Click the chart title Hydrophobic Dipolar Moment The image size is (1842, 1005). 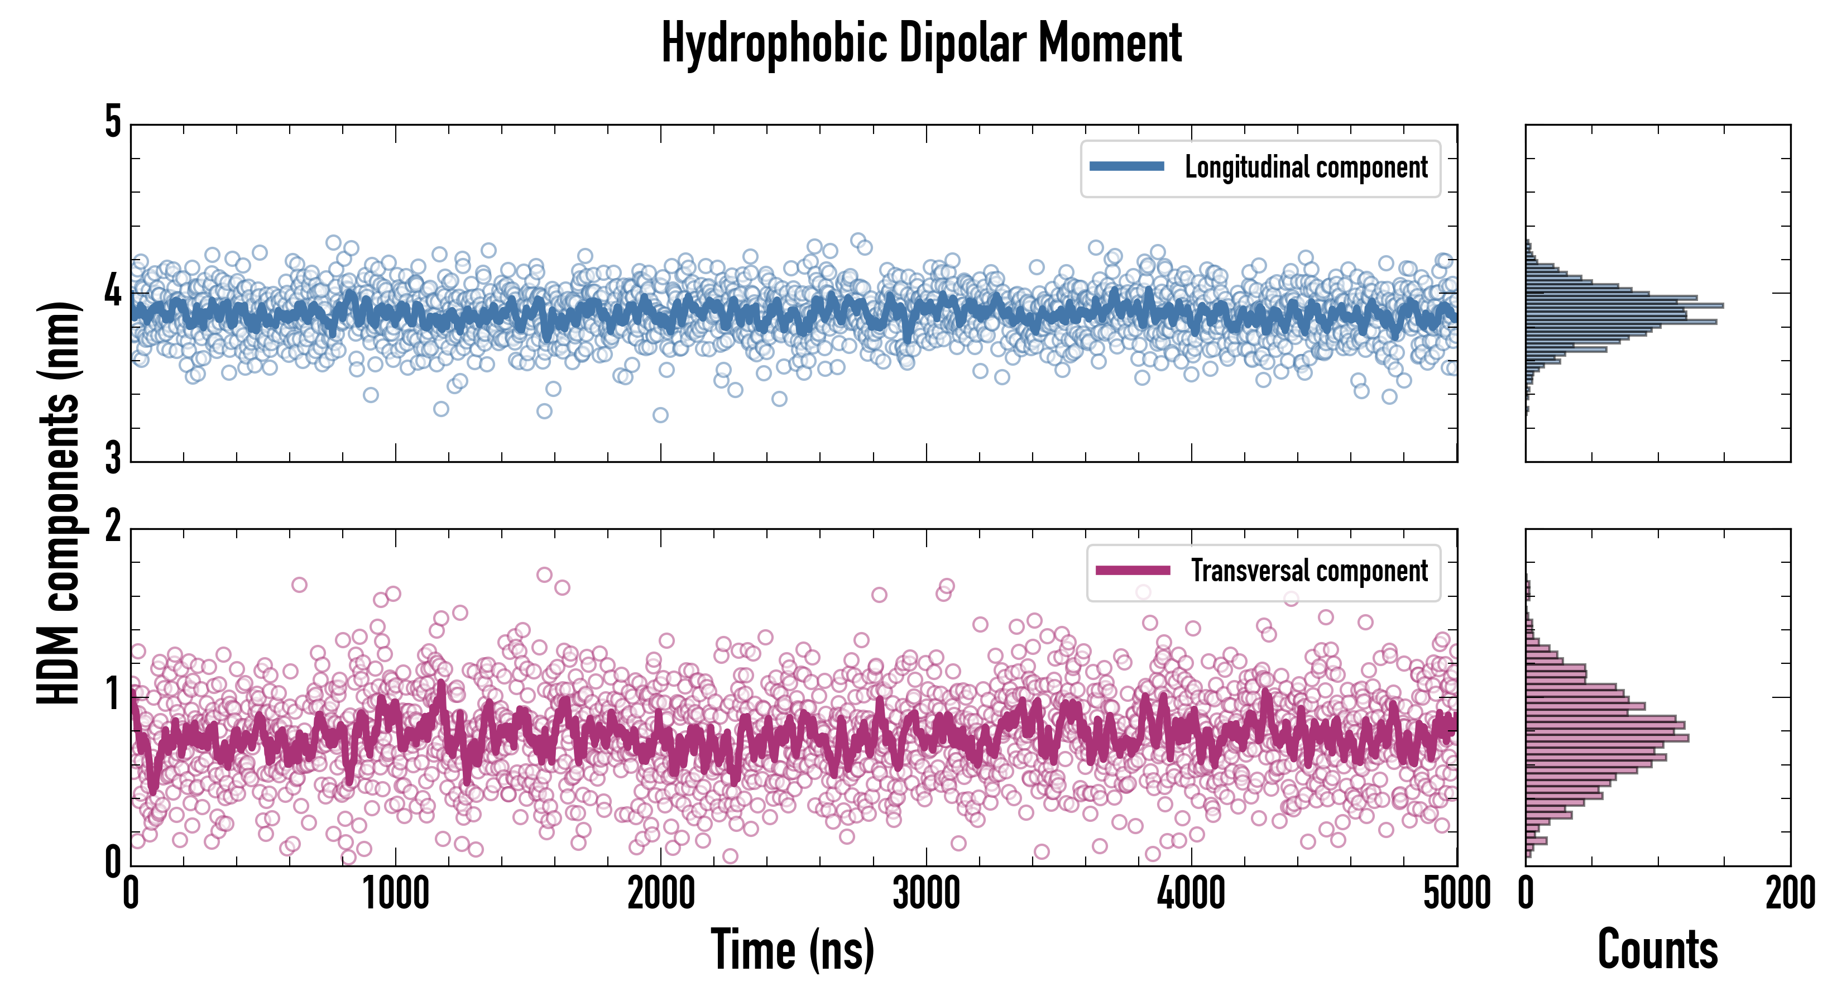(921, 43)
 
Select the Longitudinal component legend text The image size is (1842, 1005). (1306, 167)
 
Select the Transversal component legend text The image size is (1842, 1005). (1308, 571)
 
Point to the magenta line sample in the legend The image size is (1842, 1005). (1132, 571)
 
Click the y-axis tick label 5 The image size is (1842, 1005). (113, 123)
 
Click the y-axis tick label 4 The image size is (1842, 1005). (113, 292)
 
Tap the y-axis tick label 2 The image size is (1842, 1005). (113, 527)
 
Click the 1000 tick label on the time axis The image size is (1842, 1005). (395, 894)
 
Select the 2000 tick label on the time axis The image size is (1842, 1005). (661, 894)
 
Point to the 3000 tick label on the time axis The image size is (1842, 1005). (926, 894)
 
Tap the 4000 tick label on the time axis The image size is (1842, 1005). (1191, 894)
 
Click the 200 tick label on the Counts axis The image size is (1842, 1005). (1790, 894)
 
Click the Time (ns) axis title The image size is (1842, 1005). (792, 950)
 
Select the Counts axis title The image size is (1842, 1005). (1657, 950)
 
